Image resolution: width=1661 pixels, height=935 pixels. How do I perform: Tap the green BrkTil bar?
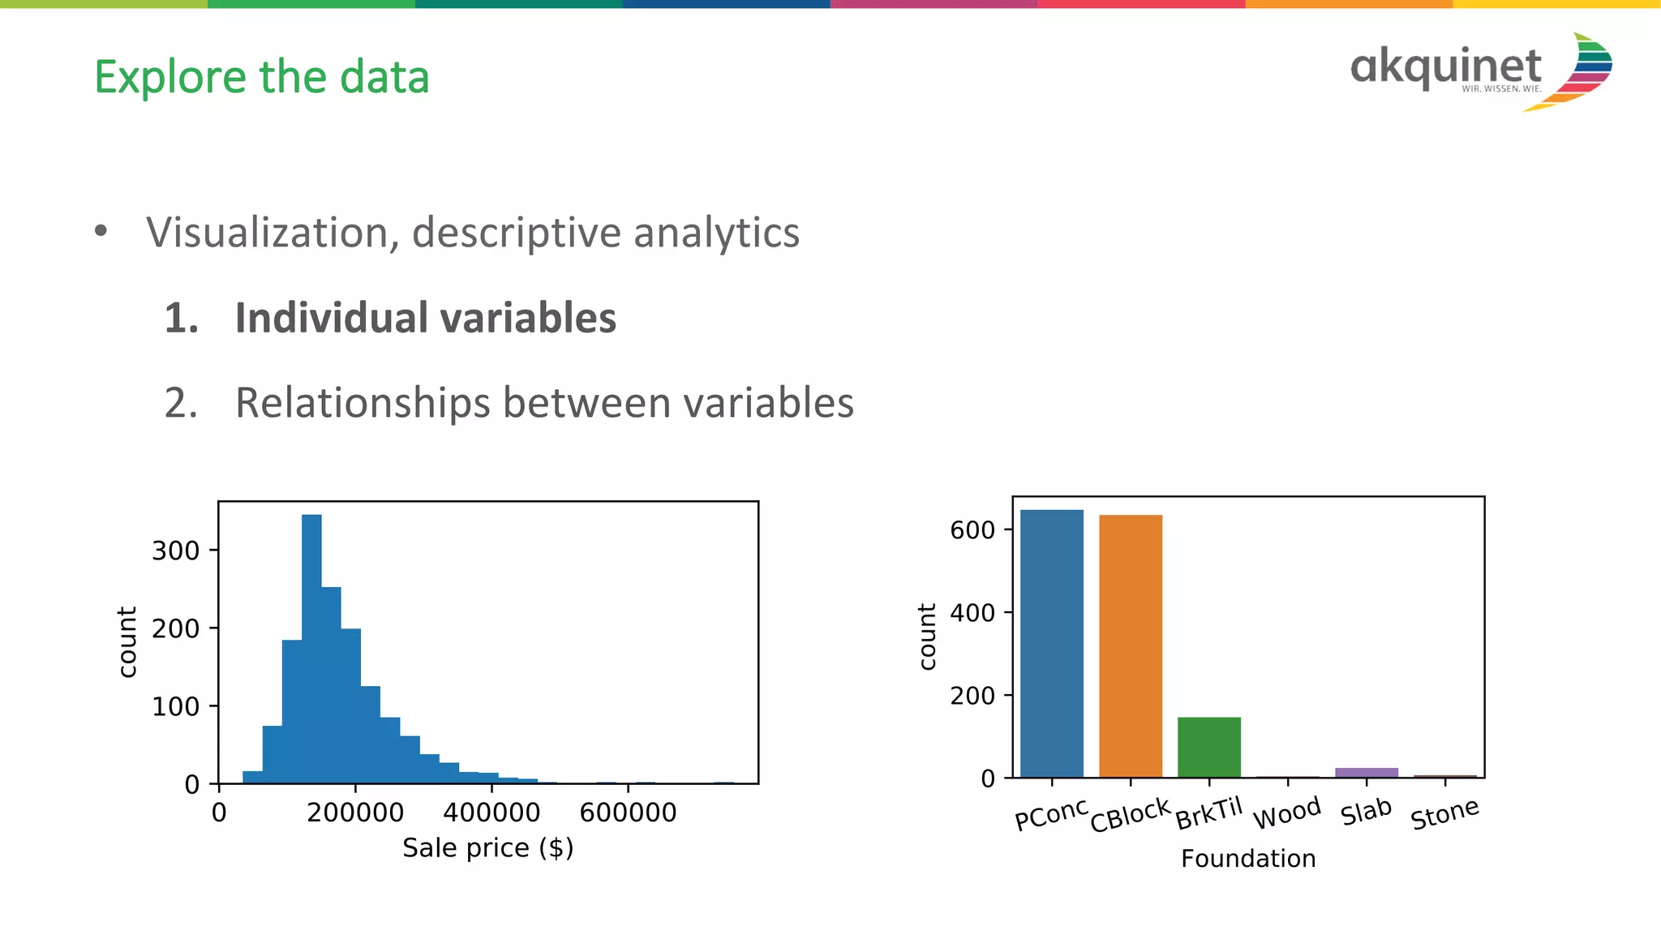tap(1208, 747)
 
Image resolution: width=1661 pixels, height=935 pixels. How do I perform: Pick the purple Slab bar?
tap(1366, 772)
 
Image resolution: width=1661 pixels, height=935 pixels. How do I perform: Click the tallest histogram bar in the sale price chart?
tap(311, 649)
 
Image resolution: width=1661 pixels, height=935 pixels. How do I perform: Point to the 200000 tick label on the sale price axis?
tap(355, 813)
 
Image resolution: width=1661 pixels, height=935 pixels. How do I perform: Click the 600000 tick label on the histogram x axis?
tap(628, 813)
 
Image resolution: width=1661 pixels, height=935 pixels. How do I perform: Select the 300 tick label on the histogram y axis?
tap(175, 551)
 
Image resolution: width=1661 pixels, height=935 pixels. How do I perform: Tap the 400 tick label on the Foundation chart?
tap(972, 612)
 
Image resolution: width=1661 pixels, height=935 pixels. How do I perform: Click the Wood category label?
tap(1287, 813)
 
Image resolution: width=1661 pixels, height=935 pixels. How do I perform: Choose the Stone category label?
tap(1444, 814)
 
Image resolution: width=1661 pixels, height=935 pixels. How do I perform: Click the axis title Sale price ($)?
tap(487, 848)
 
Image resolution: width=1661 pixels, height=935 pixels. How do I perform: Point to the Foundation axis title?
tap(1248, 859)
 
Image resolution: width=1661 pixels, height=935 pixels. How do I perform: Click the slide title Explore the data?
tap(261, 77)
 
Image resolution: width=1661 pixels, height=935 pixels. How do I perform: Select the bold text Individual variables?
tap(425, 318)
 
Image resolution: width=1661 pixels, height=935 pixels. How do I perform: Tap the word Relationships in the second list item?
tap(363, 403)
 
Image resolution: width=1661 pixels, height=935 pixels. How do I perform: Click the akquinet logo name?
tap(1445, 66)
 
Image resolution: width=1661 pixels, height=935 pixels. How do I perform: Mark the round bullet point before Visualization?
tap(101, 231)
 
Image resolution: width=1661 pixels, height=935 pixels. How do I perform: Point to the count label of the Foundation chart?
tap(927, 637)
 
